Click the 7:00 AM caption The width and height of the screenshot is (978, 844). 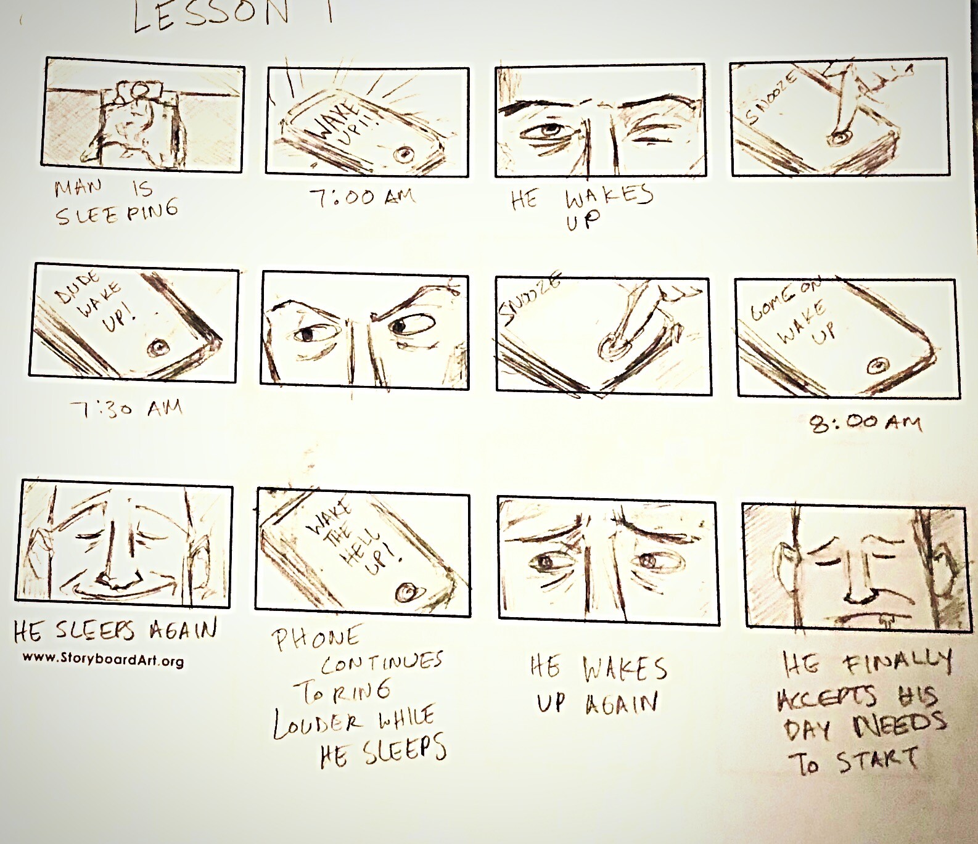(x=362, y=197)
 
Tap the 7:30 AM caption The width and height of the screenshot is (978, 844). (x=126, y=408)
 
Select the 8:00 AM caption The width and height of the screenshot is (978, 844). (x=865, y=423)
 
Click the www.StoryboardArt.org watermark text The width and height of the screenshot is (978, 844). (x=103, y=660)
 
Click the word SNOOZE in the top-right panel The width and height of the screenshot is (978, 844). (x=771, y=97)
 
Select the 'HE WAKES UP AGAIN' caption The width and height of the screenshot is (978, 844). (x=598, y=685)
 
